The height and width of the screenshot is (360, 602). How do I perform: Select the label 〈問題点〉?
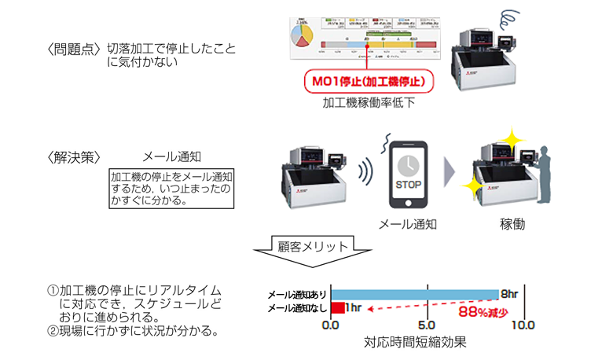(73, 50)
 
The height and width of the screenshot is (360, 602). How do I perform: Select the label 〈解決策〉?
(73, 156)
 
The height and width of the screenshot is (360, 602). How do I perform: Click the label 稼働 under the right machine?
(512, 224)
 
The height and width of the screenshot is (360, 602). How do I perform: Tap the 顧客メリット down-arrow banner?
(302, 250)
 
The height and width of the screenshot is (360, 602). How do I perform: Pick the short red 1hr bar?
(338, 307)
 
